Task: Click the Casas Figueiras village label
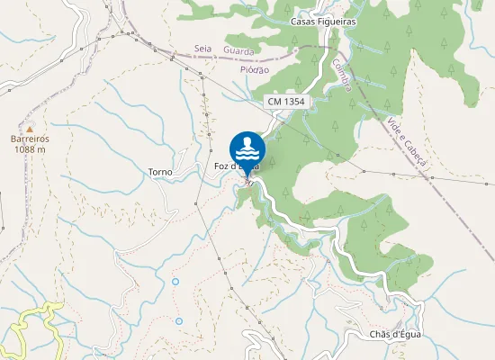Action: [x=324, y=21]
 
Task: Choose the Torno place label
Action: [x=159, y=170]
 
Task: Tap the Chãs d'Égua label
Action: [x=395, y=335]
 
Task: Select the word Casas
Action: [x=303, y=21]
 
